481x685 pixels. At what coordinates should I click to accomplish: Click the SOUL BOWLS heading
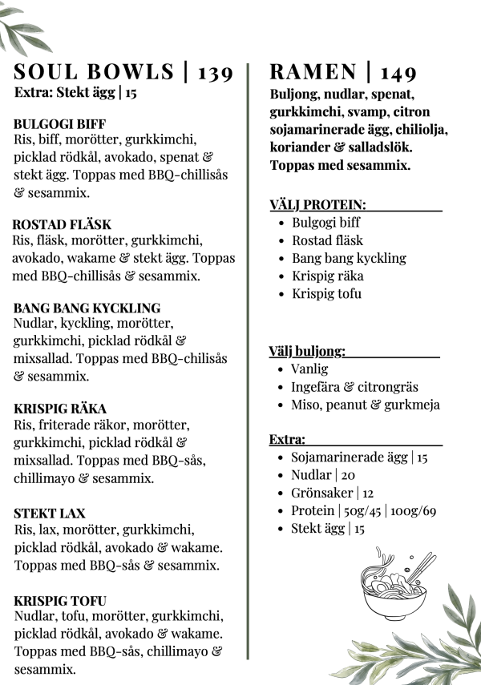94,72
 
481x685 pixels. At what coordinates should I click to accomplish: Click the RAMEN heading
313,73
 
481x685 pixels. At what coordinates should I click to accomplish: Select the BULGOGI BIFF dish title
55,124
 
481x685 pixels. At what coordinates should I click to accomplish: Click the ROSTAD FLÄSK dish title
62,225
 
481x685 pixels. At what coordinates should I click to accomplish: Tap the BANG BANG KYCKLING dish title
87,308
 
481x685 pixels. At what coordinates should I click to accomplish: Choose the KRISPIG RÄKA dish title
60,409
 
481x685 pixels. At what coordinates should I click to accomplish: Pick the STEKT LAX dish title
50,514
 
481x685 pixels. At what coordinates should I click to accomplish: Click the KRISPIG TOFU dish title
60,601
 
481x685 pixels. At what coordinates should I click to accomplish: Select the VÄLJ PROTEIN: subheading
317,206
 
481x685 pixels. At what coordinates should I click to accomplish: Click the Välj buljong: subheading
307,351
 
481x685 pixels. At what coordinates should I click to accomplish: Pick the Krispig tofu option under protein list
326,293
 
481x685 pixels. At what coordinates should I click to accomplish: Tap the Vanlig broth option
309,369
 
